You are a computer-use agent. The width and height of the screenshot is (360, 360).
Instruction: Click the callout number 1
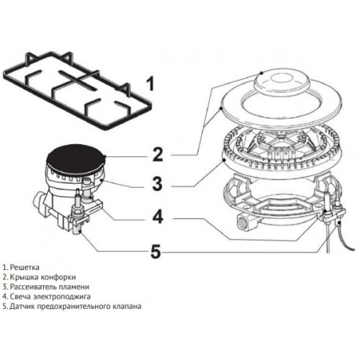point(150,85)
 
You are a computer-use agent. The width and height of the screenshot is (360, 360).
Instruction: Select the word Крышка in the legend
point(24,276)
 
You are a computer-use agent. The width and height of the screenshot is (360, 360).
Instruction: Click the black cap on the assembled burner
point(73,155)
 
